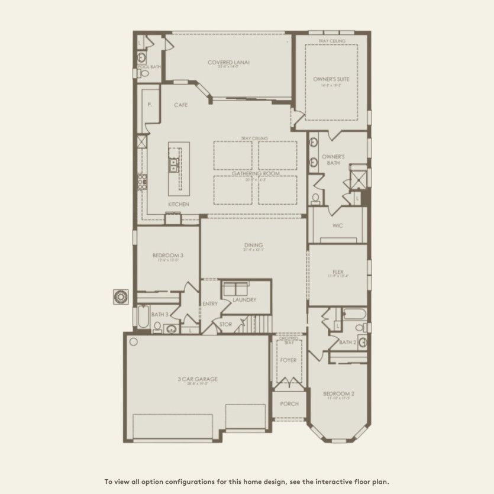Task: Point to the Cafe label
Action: tap(180, 105)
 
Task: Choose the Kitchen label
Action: tap(178, 204)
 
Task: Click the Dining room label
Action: tap(253, 245)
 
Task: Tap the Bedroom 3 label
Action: tap(167, 256)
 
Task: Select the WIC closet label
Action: tap(338, 225)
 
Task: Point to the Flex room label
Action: tap(338, 272)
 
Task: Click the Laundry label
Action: tap(244, 300)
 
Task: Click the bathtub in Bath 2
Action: tap(354, 313)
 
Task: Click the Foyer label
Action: tap(288, 360)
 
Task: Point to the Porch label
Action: tap(289, 404)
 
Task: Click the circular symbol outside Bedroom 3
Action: tap(121, 296)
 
